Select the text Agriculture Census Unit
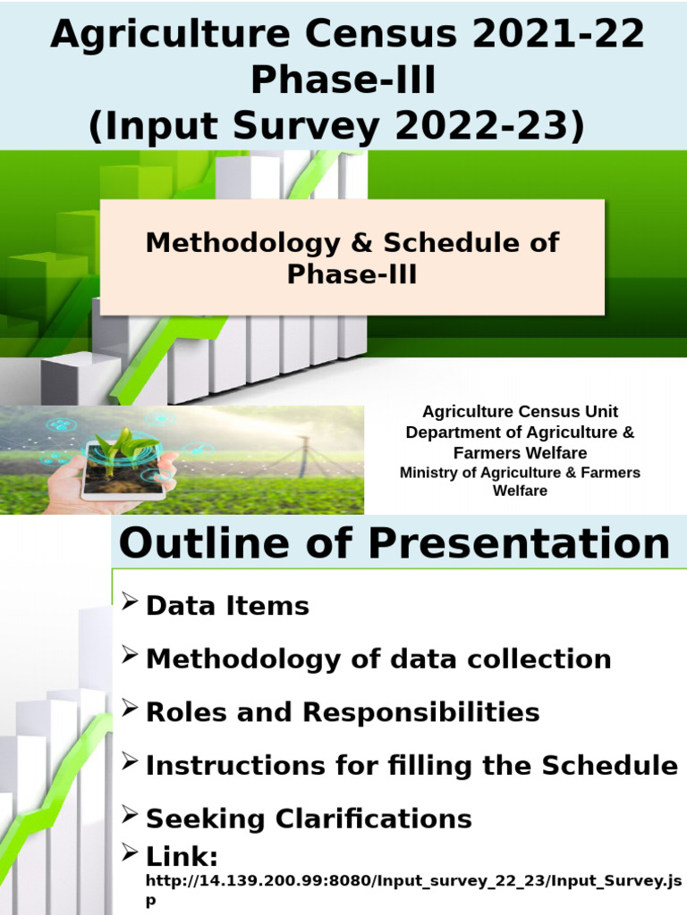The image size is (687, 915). pos(520,412)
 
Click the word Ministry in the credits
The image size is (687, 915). pos(429,473)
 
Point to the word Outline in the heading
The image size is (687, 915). pos(200,543)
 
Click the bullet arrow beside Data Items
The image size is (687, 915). pos(129,603)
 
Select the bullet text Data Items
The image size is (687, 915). pos(227,606)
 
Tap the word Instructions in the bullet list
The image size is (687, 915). pos(235,766)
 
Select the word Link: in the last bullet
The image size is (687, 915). pos(182,858)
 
